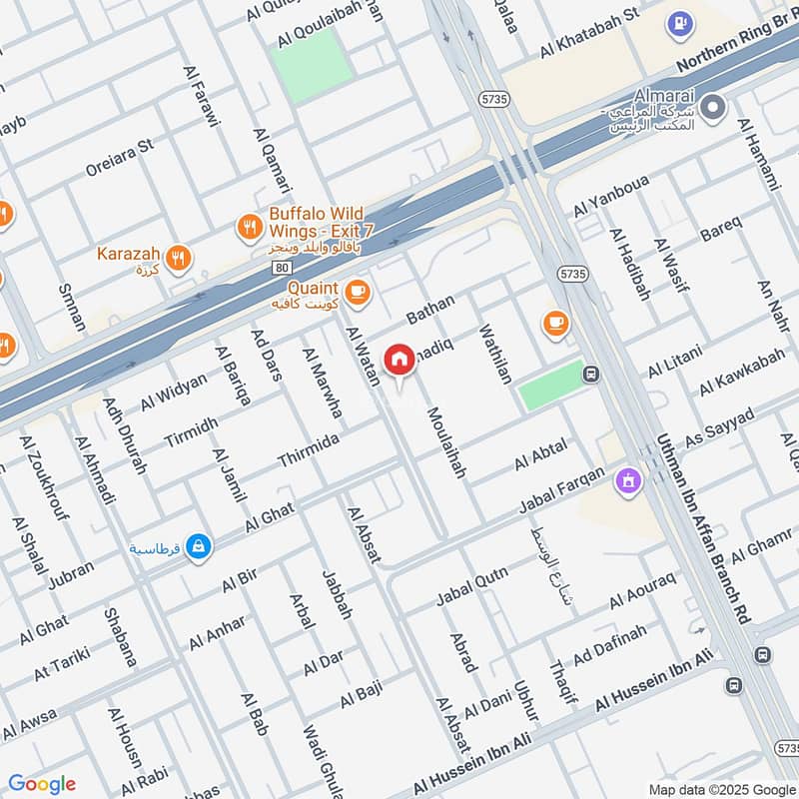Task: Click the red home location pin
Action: click(399, 360)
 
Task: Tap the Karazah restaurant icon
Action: click(178, 257)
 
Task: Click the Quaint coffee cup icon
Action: click(359, 293)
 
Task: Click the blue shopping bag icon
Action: click(199, 546)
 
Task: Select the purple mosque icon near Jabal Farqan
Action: click(630, 480)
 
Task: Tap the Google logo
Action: click(42, 784)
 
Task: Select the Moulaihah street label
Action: click(445, 441)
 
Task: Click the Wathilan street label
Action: click(495, 353)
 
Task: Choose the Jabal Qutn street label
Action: click(472, 586)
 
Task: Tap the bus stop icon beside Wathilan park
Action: click(591, 375)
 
